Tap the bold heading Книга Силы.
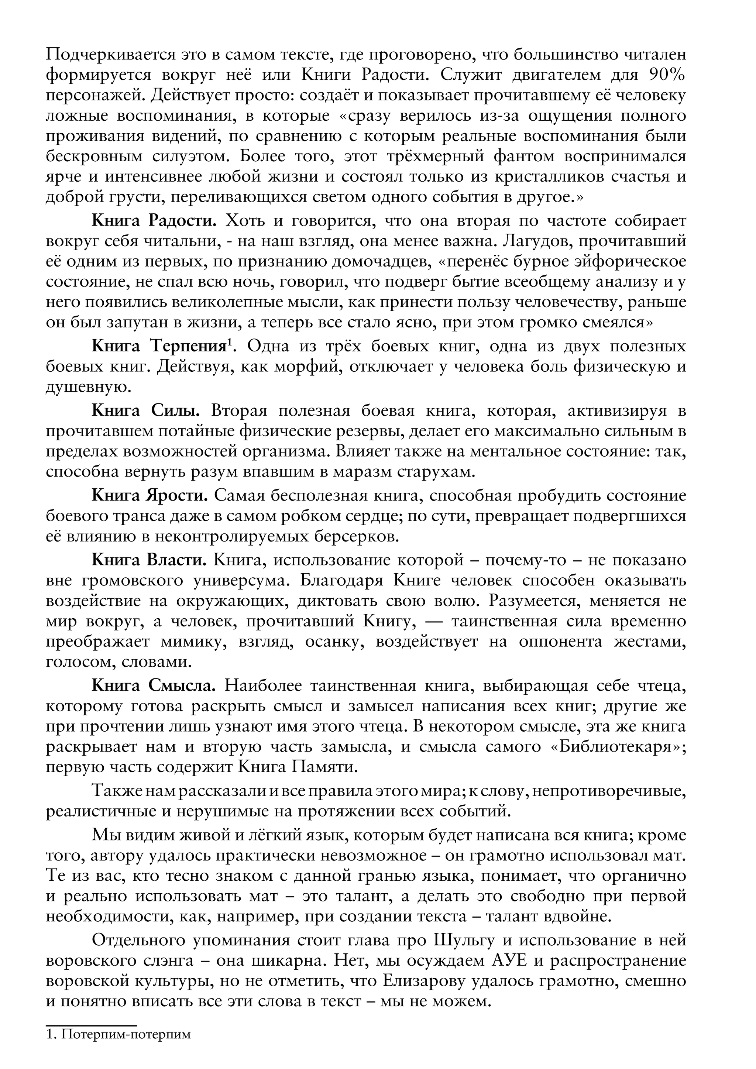(146, 412)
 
